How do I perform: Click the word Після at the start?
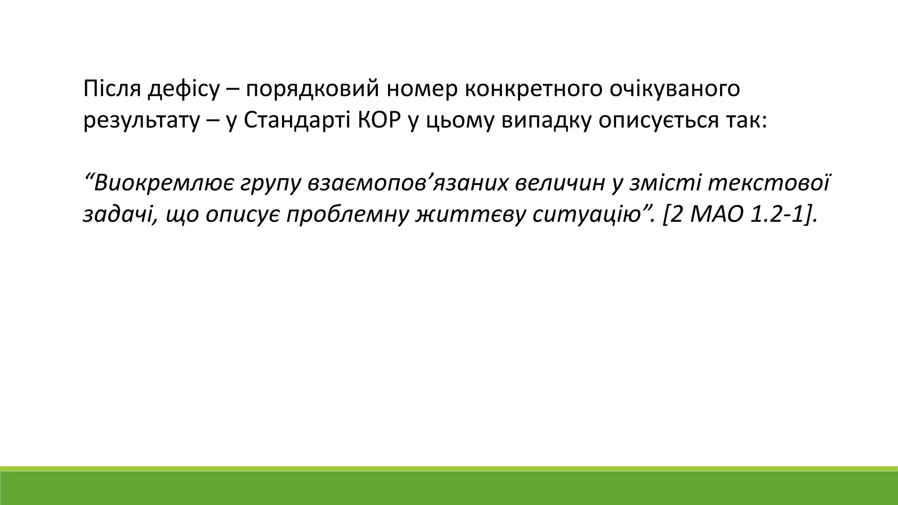[111, 89]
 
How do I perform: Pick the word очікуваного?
[674, 90]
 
